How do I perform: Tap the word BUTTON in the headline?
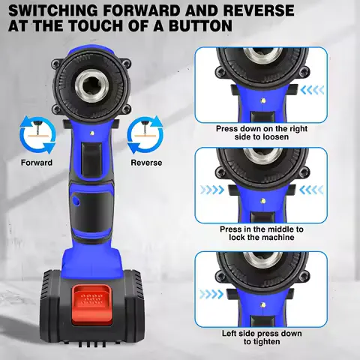click(192, 27)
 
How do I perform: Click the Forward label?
click(37, 163)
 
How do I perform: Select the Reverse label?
click(146, 163)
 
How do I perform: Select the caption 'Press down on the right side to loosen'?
click(260, 133)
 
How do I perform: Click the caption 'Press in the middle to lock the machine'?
click(260, 233)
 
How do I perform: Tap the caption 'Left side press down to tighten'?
click(260, 337)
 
